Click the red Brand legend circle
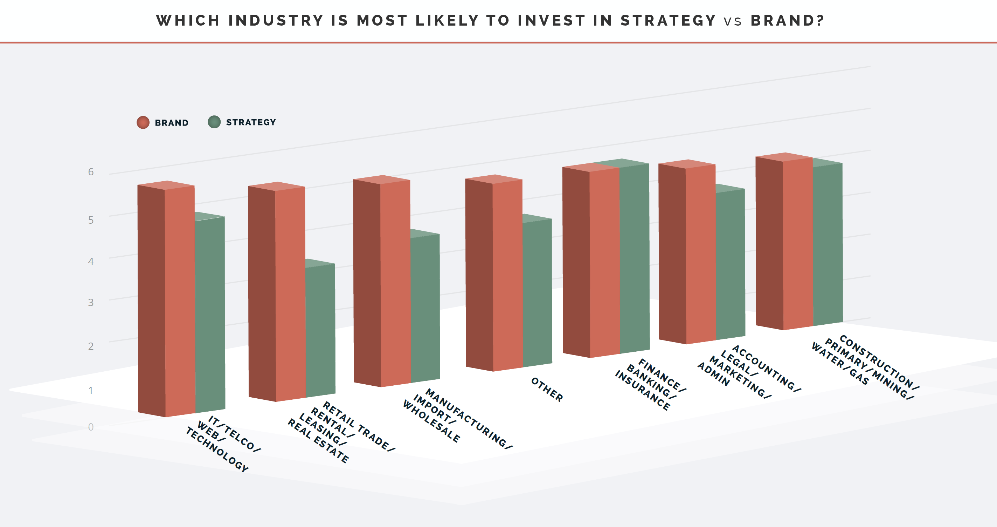(143, 122)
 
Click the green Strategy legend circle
(214, 122)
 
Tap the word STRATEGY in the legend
(251, 122)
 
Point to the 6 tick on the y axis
(91, 172)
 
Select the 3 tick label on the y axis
(91, 302)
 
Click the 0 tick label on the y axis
(91, 427)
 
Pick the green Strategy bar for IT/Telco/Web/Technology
(210, 314)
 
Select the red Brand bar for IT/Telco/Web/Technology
(180, 302)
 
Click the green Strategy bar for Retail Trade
(320, 329)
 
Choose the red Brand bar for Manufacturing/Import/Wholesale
(395, 283)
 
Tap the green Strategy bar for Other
(537, 292)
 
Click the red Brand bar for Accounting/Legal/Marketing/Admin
(700, 254)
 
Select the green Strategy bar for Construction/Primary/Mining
(828, 244)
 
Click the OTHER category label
(547, 390)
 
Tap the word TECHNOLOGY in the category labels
(217, 450)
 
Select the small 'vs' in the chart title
(733, 21)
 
